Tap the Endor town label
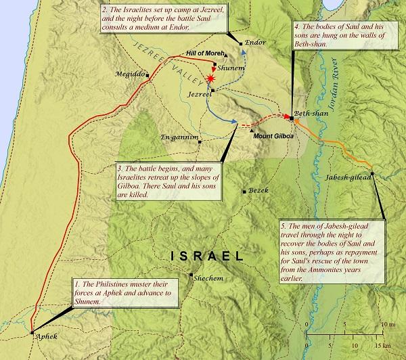point(255,42)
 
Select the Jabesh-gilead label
point(350,176)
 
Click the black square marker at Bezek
point(244,192)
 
